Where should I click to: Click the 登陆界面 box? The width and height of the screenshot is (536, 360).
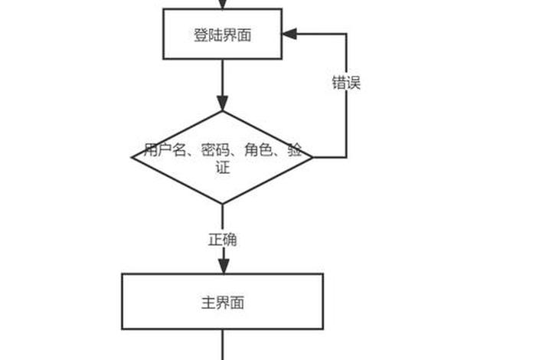coord(222,34)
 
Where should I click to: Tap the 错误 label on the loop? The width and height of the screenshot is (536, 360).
coord(346,83)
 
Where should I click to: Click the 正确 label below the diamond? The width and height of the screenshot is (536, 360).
coord(222,240)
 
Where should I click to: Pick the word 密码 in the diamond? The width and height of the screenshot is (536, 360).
coord(216,150)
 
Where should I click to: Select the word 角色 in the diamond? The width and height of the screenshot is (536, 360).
coord(258,150)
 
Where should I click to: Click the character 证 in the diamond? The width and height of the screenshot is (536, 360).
coord(222,168)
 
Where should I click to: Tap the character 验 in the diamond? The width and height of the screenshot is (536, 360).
coord(295,150)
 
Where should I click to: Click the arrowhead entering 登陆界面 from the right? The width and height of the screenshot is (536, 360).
coord(289,34)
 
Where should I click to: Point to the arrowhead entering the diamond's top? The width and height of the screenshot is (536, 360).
coord(222,103)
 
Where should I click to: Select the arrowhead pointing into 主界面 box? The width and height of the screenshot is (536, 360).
coord(222,265)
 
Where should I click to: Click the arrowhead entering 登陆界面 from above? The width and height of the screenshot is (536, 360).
coord(222,4)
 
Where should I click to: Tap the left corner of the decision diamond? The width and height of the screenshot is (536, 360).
coord(133,157)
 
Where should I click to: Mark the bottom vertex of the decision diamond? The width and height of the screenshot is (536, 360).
coord(222,204)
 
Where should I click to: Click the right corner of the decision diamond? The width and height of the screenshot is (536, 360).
coord(312,157)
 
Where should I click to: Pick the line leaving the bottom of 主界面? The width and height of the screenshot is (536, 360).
coord(222,345)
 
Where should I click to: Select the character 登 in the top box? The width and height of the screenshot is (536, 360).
coord(199,34)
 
